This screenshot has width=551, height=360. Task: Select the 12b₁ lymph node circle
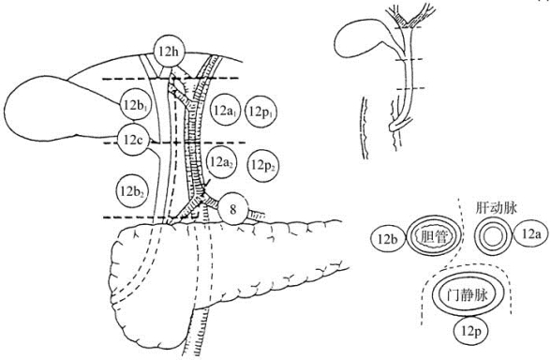pos(136,105)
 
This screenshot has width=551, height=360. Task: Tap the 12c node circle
pos(133,140)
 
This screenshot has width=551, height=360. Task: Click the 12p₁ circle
pos(262,112)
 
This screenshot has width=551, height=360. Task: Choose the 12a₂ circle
pos(221,162)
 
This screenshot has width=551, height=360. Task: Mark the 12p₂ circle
pos(263,165)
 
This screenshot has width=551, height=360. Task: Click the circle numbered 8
pos(233,209)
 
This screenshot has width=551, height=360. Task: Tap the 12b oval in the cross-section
pos(388,239)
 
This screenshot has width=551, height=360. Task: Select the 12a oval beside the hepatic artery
pos(530,233)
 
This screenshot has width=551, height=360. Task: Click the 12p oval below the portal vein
pos(470,330)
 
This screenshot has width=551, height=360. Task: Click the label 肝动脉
pos(498,208)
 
